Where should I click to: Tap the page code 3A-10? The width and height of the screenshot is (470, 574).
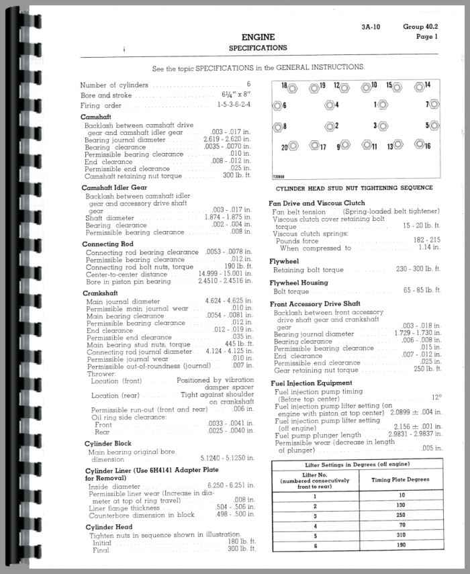click(x=371, y=28)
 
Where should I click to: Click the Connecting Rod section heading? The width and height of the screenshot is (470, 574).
click(x=108, y=244)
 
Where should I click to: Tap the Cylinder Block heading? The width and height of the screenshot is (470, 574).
click(x=108, y=444)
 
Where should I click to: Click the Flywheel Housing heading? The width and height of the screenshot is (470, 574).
click(x=299, y=283)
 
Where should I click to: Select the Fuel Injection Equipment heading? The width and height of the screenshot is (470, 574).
click(x=310, y=383)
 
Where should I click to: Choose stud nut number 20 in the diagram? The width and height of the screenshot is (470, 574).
click(x=293, y=146)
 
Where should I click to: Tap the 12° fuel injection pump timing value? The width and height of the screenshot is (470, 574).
click(x=436, y=397)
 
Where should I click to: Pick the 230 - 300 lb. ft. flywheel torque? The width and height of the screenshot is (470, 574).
click(x=418, y=269)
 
